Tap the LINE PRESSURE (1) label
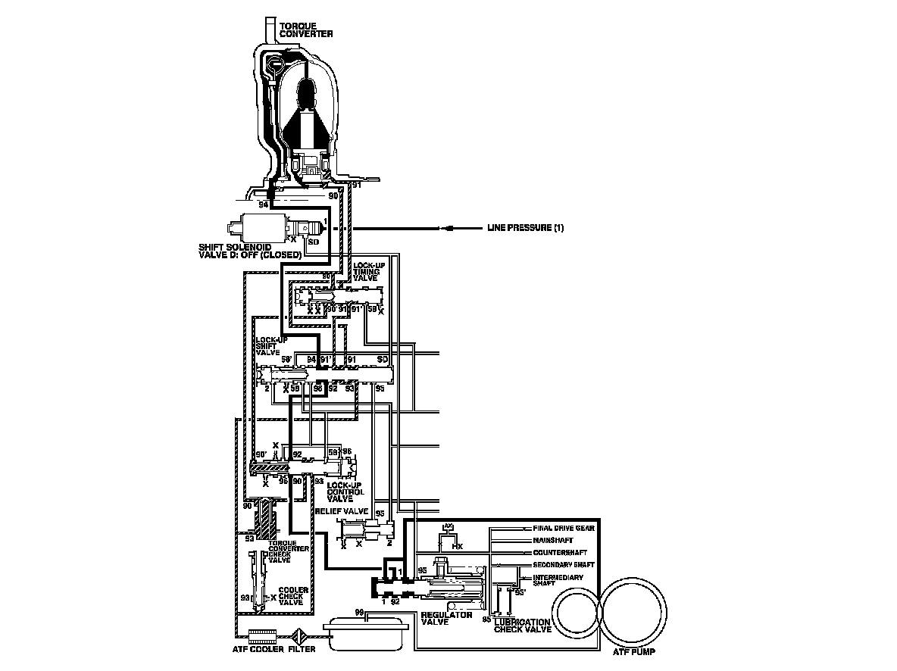point(526,228)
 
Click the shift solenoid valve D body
point(258,227)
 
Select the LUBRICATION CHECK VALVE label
point(522,626)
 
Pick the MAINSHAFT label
point(555,540)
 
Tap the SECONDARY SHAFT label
point(564,565)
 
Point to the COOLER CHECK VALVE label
point(292,595)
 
